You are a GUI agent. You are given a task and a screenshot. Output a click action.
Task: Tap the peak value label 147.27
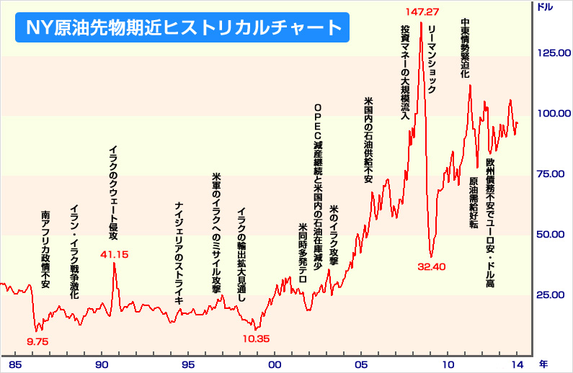coord(422,12)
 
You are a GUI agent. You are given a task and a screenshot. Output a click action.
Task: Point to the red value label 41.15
coord(114,253)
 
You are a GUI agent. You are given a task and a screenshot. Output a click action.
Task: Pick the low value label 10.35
coord(255,338)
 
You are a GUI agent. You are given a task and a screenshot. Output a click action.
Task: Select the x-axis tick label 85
coord(15,364)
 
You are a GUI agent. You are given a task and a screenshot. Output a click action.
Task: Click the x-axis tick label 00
coord(275,364)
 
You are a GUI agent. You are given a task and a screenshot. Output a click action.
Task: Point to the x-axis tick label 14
coord(517,364)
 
